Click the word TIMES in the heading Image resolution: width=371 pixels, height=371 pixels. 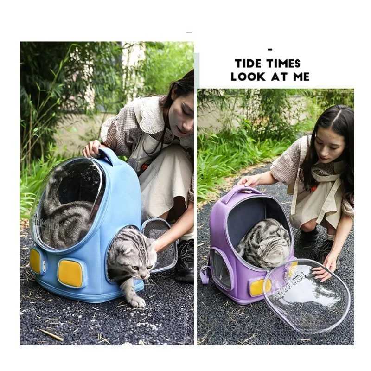(x=283, y=64)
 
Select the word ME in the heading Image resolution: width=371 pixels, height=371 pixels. (x=301, y=77)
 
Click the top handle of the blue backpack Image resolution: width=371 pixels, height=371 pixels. (x=110, y=156)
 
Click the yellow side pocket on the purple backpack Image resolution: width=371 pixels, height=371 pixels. (x=258, y=287)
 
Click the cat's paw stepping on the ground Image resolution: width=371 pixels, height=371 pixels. (x=138, y=301)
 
